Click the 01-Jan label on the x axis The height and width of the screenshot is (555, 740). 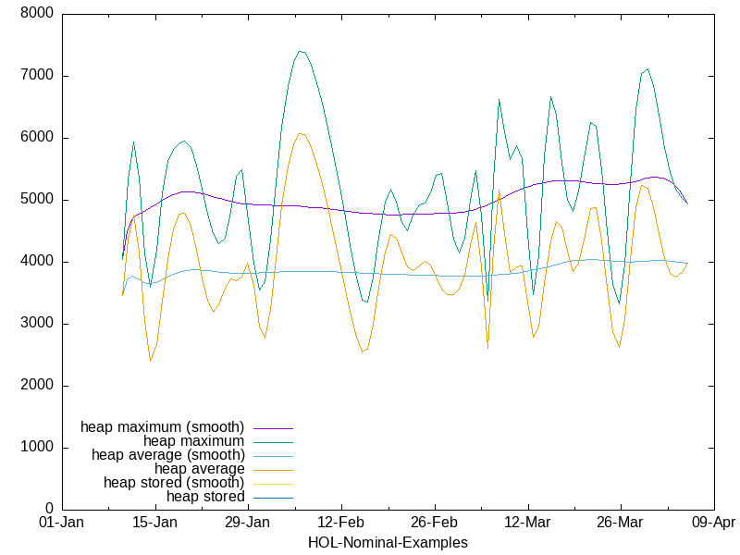click(62, 523)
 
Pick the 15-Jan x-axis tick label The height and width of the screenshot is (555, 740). click(154, 523)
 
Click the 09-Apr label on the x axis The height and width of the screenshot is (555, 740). click(713, 523)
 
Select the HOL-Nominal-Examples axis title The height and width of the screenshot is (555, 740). click(388, 542)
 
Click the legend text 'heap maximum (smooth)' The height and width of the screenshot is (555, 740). click(162, 427)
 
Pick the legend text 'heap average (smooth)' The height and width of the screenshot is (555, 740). click(167, 455)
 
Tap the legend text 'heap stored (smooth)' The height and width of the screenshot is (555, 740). click(174, 483)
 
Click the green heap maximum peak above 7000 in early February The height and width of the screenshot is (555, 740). click(301, 51)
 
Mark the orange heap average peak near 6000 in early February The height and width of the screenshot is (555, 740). click(301, 133)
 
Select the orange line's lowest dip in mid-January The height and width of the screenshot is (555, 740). click(150, 361)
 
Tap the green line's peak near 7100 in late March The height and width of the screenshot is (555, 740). click(647, 68)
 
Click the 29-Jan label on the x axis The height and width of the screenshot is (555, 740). click(248, 523)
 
